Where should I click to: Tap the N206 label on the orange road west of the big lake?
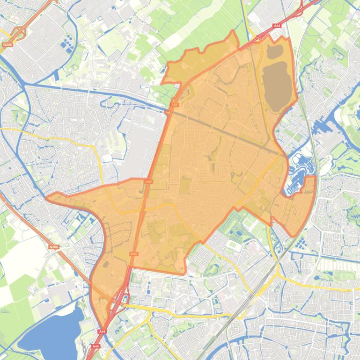(x=54, y=247)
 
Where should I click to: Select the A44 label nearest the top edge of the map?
(x=277, y=26)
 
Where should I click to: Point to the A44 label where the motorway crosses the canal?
(x=175, y=105)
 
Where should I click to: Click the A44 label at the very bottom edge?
(x=96, y=346)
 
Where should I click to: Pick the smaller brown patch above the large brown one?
(x=275, y=50)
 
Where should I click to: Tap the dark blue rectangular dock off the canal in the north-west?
(x=57, y=75)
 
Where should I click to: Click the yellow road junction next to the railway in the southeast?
(x=278, y=273)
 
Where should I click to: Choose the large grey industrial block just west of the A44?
(x=145, y=140)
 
